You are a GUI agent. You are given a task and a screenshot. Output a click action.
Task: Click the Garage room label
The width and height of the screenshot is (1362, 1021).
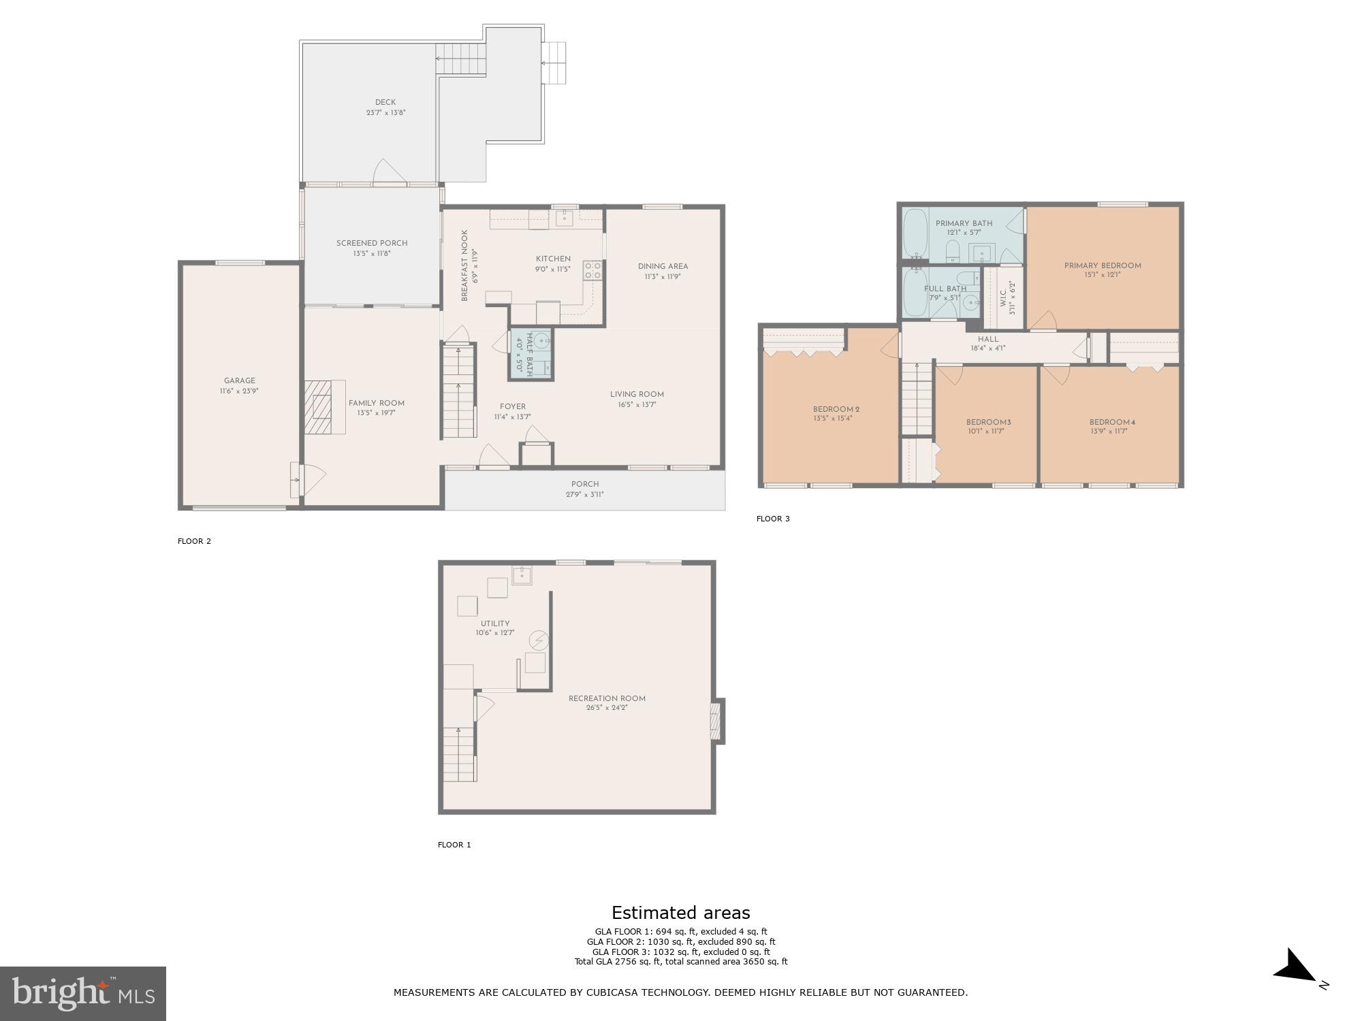(x=240, y=381)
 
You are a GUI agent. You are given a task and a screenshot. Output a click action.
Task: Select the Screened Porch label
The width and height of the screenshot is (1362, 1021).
(x=372, y=243)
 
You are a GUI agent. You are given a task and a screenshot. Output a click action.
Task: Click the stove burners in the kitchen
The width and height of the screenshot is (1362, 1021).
(x=592, y=270)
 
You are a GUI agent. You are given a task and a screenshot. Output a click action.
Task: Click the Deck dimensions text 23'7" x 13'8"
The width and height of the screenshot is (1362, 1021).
(x=385, y=113)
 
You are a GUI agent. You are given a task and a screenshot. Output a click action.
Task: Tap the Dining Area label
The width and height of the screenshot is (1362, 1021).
(x=663, y=266)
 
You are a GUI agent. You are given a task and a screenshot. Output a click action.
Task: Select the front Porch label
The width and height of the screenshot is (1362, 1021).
(x=585, y=484)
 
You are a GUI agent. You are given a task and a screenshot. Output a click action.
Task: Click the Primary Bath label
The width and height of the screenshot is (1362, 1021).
(x=964, y=223)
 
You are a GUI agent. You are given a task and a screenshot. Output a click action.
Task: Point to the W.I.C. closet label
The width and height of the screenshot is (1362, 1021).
(x=1003, y=298)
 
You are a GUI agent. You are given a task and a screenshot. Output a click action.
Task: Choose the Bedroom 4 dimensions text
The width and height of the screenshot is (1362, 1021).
(x=1112, y=431)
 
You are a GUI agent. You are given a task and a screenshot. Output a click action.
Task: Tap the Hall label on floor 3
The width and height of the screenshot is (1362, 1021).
(x=988, y=339)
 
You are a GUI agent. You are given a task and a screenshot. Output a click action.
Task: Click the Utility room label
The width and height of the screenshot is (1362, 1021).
(x=495, y=623)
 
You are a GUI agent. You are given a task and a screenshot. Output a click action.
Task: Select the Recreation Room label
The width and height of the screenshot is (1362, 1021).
(x=607, y=698)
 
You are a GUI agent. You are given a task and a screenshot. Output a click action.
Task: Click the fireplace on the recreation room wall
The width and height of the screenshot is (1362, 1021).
(x=716, y=722)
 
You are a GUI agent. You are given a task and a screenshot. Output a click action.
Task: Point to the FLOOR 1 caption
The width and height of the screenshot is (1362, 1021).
(x=454, y=845)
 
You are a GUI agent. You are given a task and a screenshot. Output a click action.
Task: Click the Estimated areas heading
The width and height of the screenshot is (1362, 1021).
(x=680, y=913)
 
